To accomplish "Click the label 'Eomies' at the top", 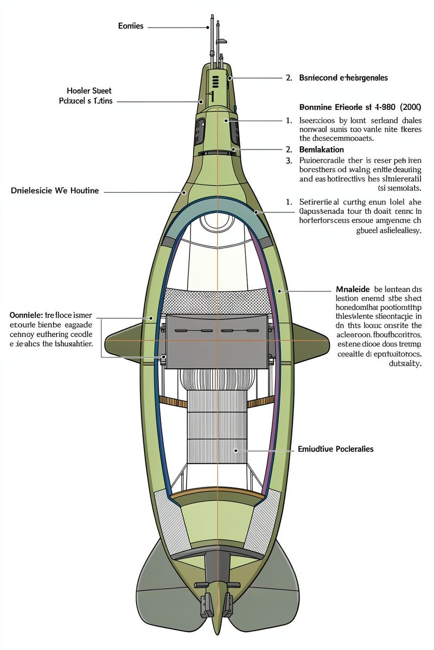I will (131, 26).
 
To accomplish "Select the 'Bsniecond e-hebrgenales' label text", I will (343, 78).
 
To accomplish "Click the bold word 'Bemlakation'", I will (322, 149).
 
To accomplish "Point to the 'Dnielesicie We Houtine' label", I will (55, 191).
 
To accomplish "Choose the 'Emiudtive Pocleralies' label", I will (336, 449).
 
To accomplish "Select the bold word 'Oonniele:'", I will (27, 314).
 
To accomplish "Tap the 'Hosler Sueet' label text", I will (89, 91).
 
